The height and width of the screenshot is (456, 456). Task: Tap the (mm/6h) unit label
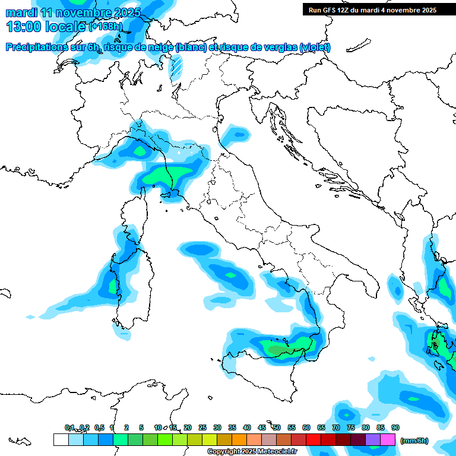tap(414, 441)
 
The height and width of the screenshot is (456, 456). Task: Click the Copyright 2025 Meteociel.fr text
tap(252, 451)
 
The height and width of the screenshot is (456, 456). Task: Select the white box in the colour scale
tap(61, 439)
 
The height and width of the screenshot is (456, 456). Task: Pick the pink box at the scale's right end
tap(388, 439)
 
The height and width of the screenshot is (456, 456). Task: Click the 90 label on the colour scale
tap(395, 427)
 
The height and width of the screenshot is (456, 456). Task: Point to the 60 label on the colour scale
tap(306, 427)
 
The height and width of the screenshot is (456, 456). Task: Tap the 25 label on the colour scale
tap(202, 427)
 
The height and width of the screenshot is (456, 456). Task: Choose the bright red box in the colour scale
tap(313, 439)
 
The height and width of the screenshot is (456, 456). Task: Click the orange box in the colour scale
tap(239, 439)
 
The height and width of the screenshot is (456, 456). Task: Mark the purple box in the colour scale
tap(373, 439)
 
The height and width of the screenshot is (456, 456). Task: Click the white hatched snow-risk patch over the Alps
tap(176, 68)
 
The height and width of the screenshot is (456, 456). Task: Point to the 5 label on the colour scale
tap(141, 427)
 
